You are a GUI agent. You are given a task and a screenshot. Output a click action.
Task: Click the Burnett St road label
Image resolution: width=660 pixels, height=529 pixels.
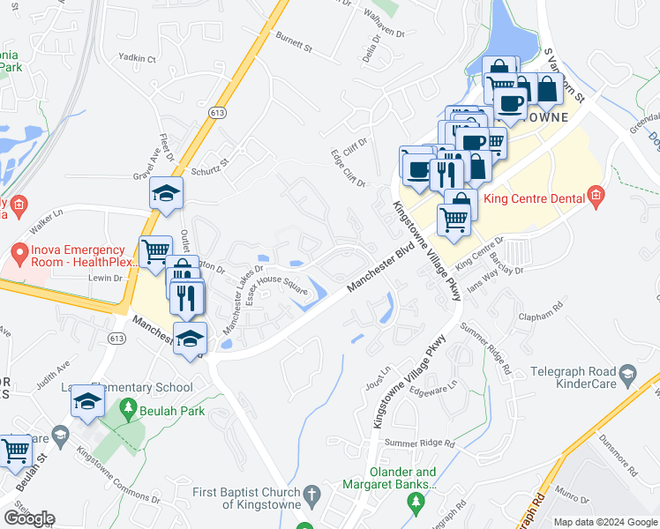click(x=295, y=41)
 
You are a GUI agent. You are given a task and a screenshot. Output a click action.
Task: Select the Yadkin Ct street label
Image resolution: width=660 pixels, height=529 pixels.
click(x=138, y=59)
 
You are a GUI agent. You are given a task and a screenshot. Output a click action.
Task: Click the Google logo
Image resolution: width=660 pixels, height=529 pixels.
click(x=28, y=518)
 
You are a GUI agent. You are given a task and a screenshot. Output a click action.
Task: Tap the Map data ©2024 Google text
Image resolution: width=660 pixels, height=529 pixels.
click(x=605, y=522)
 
